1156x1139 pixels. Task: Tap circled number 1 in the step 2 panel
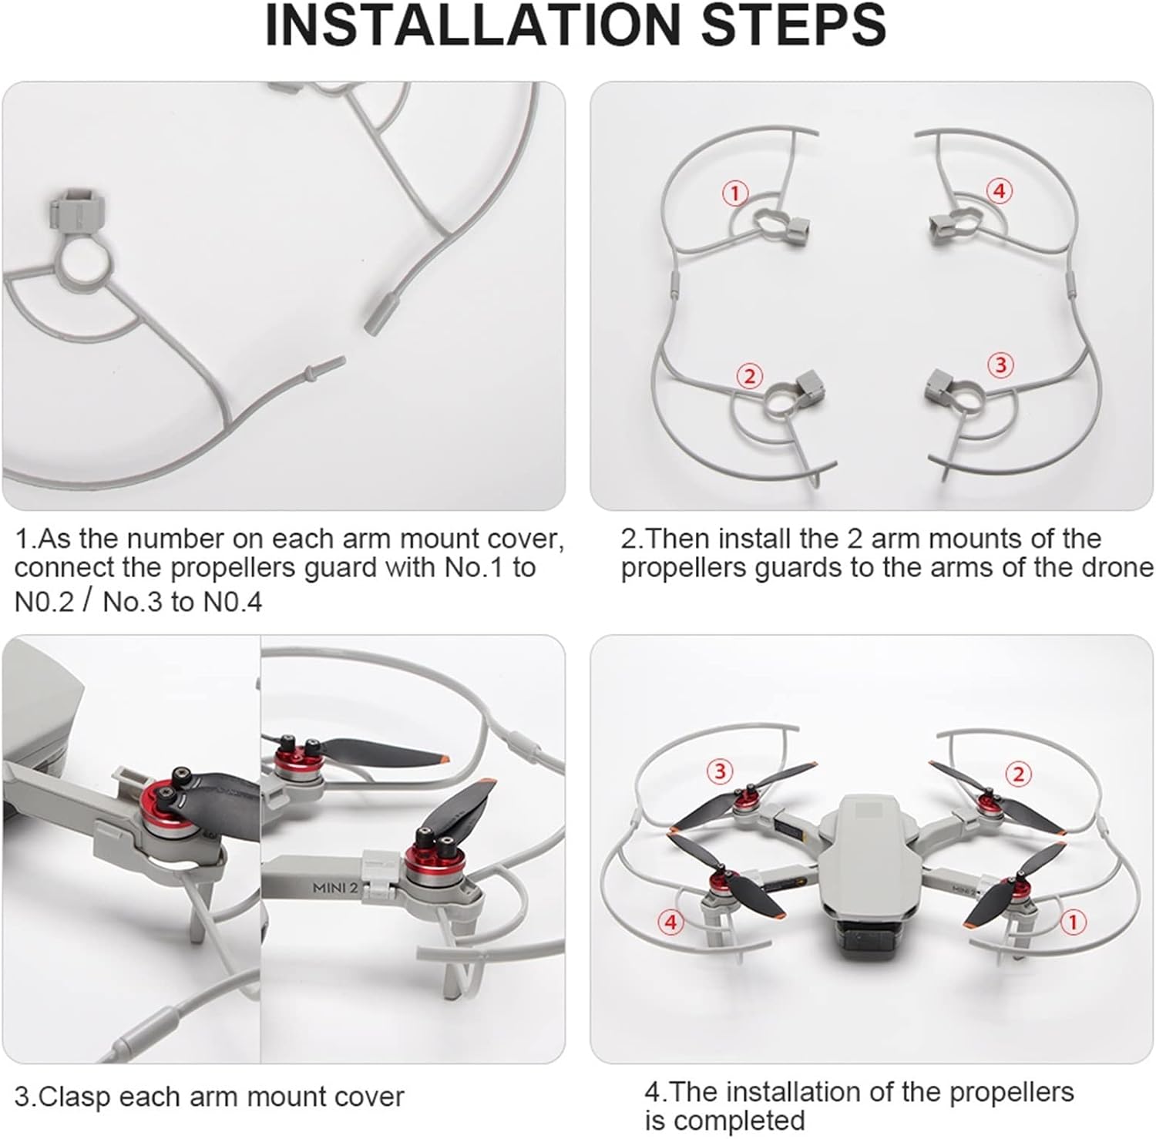click(736, 193)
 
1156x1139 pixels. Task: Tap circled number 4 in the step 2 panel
click(1000, 190)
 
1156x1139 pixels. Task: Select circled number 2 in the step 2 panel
click(748, 376)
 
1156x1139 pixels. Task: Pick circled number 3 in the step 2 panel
click(1001, 365)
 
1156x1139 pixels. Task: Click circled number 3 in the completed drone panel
click(720, 771)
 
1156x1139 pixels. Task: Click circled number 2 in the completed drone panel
click(1019, 774)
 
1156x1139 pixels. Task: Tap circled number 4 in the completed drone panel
click(670, 921)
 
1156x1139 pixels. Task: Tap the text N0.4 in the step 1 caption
click(232, 602)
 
